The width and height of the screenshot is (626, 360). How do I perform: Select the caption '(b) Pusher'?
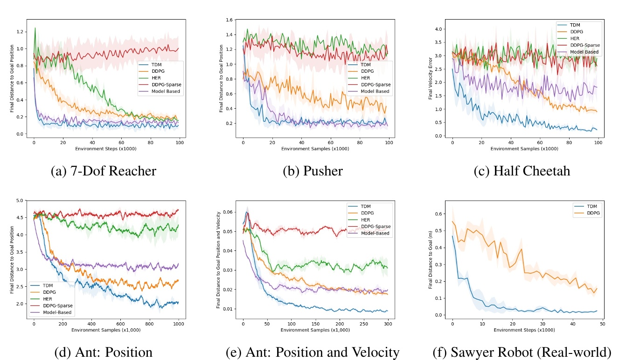pos(313,171)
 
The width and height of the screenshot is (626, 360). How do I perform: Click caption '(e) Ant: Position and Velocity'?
pos(313,352)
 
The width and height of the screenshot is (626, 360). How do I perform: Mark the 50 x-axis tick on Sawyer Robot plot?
pos(602,323)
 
